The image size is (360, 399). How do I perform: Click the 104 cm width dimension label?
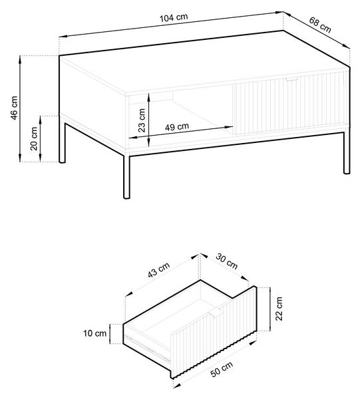tap(174, 17)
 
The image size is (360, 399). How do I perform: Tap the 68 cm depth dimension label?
tap(320, 25)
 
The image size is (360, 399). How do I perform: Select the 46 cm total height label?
tap(14, 108)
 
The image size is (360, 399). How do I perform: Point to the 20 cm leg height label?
tap(34, 139)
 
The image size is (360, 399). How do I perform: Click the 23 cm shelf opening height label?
tap(142, 120)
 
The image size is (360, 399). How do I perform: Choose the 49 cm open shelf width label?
tap(177, 126)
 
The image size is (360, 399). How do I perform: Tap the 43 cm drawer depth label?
tap(158, 270)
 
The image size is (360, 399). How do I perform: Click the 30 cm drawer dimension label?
tap(227, 261)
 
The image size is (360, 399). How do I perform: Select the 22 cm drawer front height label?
tap(279, 309)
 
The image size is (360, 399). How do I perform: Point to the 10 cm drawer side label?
tap(94, 333)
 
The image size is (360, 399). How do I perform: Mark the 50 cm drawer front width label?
tap(222, 369)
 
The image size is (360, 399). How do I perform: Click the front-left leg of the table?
tap(126, 175)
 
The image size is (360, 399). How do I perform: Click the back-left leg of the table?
tap(62, 143)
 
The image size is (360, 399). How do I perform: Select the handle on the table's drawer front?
tap(291, 79)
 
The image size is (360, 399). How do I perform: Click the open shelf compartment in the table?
tap(180, 117)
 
